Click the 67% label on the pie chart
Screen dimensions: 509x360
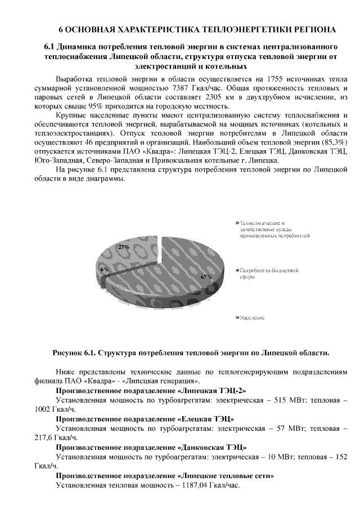pyautogui.click(x=206, y=276)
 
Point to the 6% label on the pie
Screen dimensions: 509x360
pyautogui.click(x=105, y=269)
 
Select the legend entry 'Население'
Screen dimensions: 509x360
pyautogui.click(x=252, y=318)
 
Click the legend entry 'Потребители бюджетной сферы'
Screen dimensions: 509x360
pyautogui.click(x=269, y=274)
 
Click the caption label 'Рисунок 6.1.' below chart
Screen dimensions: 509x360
pyautogui.click(x=75, y=353)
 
